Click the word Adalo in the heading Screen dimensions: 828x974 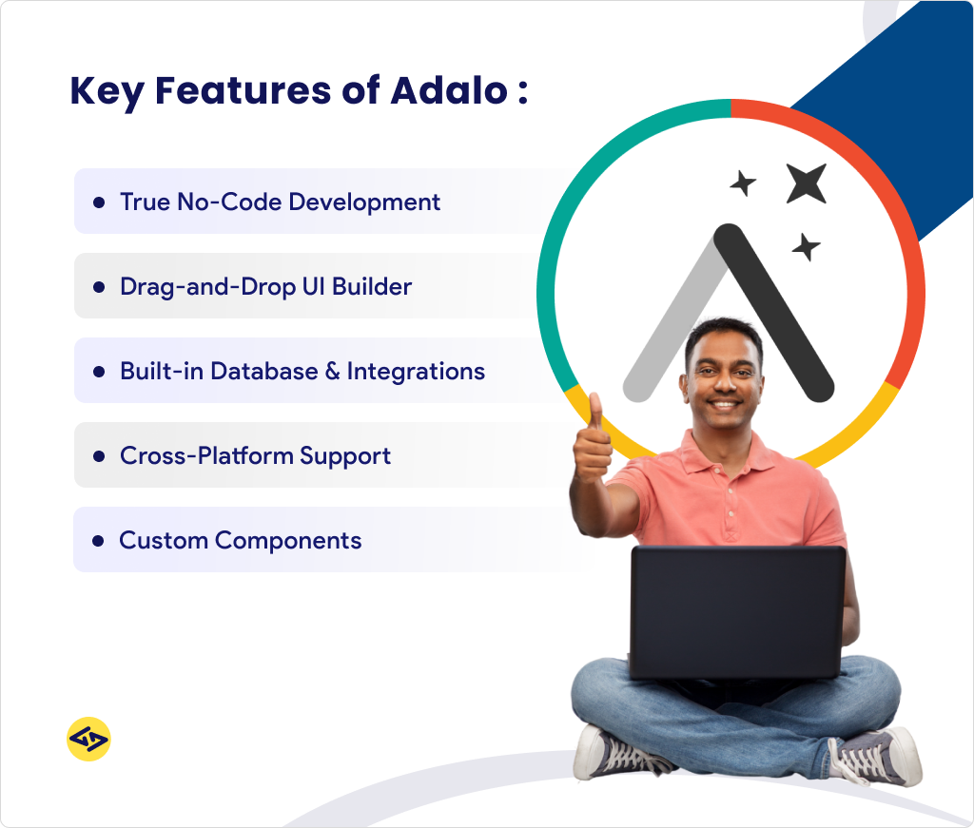click(x=446, y=91)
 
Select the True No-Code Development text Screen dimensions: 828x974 click(x=280, y=202)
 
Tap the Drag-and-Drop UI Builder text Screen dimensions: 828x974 click(x=265, y=286)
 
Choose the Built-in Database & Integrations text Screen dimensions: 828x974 click(x=302, y=371)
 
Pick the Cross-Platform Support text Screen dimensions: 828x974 click(x=255, y=455)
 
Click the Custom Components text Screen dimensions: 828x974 click(x=240, y=540)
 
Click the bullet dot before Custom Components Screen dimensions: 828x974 click(x=98, y=541)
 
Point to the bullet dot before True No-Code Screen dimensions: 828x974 click(x=98, y=202)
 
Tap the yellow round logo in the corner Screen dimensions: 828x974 click(x=88, y=739)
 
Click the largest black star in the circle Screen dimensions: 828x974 click(x=806, y=183)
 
